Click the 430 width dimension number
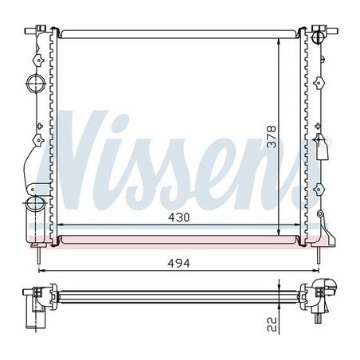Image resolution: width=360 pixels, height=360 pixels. pyautogui.click(x=180, y=217)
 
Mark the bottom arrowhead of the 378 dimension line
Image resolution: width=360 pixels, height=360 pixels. pyautogui.click(x=278, y=230)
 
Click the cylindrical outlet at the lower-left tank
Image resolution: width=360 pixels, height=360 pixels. pyautogui.click(x=33, y=211)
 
